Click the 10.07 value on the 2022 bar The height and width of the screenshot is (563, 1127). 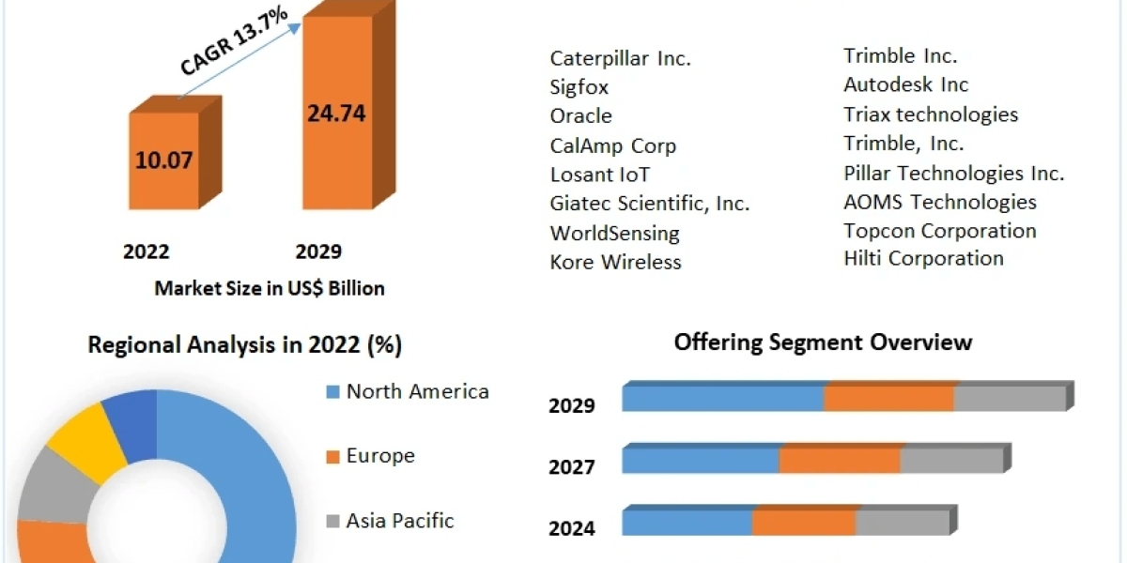tap(163, 160)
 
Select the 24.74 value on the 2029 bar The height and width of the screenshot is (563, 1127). tap(335, 114)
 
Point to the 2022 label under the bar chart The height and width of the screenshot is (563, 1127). tap(147, 251)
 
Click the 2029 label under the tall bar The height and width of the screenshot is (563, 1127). tap(318, 251)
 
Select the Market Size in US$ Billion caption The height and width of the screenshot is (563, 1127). tap(270, 288)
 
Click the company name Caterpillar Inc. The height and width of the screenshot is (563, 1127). tap(620, 58)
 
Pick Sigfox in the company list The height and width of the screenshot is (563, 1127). tap(579, 87)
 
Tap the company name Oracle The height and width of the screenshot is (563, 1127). tap(580, 116)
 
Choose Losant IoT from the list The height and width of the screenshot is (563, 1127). tap(599, 175)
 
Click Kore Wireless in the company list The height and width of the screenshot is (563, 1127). tap(615, 262)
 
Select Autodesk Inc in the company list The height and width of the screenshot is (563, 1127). tap(905, 84)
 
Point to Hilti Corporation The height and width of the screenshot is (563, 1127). tap(923, 258)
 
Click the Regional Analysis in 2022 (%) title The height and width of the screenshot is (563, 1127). tap(244, 345)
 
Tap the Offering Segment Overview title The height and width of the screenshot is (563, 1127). tap(823, 342)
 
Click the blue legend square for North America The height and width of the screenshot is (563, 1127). tap(332, 392)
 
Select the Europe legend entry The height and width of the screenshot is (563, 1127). tap(379, 456)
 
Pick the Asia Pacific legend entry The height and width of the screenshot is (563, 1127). tap(399, 520)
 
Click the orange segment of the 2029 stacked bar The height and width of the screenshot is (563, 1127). tap(888, 398)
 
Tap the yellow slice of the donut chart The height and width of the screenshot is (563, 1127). tap(85, 437)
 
